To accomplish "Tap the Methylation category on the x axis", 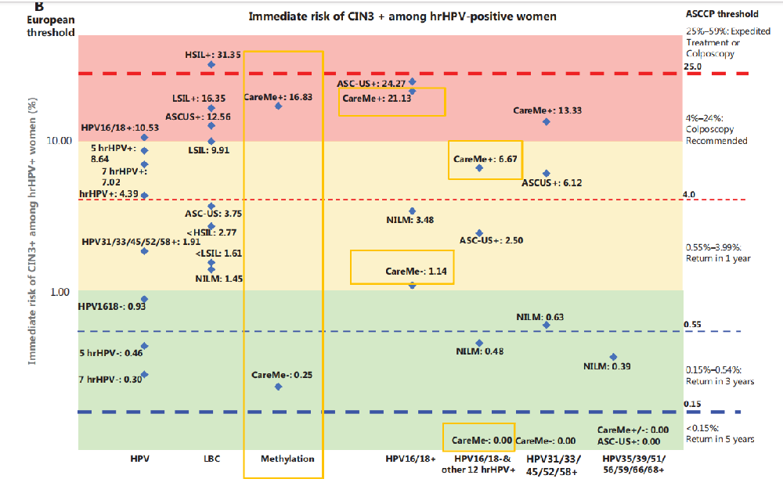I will pos(287,459).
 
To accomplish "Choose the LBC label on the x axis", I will pos(211,459).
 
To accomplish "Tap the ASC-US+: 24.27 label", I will pos(371,84).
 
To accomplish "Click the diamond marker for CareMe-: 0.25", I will pos(279,387).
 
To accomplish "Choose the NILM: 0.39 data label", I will pos(607,366).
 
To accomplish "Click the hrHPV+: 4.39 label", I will pos(108,194).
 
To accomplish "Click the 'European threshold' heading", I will pos(52,27).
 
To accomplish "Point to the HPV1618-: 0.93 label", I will pos(111,306).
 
